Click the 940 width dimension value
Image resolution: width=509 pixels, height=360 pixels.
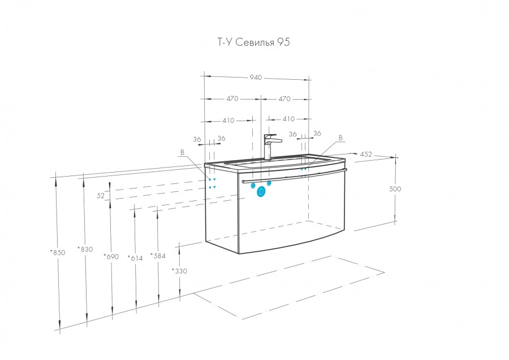[256, 78]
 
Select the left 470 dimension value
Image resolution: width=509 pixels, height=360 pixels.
[232, 98]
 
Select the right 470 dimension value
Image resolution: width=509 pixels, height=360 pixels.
[284, 98]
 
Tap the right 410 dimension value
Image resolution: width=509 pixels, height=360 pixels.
[288, 119]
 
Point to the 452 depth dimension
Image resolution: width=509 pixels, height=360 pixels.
[366, 153]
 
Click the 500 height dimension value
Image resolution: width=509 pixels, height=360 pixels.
[395, 189]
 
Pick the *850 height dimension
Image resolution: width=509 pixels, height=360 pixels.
[57, 252]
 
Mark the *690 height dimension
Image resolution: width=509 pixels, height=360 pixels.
[111, 256]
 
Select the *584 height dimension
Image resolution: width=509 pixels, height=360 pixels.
[158, 256]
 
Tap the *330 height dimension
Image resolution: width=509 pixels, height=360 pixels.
[179, 271]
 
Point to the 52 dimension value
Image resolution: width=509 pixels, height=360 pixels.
[101, 195]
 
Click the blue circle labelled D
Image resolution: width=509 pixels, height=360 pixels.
[261, 192]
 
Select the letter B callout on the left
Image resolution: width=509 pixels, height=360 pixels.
[182, 152]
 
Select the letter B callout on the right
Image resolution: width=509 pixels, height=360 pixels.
[340, 138]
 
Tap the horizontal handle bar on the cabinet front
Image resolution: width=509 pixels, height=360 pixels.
[294, 178]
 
